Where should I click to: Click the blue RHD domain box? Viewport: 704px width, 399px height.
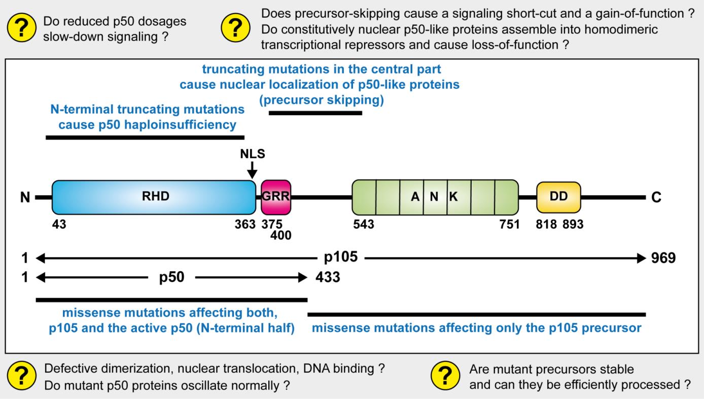tap(154, 197)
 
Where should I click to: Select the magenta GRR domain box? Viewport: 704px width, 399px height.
tap(276, 197)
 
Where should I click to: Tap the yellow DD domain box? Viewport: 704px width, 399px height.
tap(558, 197)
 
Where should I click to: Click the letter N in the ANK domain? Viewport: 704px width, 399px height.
tap(434, 197)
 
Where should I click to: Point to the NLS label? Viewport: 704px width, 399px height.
tap(253, 154)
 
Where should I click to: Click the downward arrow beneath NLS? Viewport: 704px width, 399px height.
tap(252, 170)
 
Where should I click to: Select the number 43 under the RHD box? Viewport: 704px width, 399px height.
tap(59, 224)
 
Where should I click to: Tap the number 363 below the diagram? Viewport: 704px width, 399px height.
tap(245, 224)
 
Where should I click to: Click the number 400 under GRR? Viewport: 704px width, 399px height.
tap(280, 235)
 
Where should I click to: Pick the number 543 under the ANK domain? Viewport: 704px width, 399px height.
tap(364, 224)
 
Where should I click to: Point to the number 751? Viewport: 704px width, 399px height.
tap(509, 224)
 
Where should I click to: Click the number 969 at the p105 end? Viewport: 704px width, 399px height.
tap(663, 258)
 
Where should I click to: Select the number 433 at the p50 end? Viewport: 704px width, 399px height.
tap(328, 277)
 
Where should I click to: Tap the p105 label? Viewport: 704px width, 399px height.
tap(341, 257)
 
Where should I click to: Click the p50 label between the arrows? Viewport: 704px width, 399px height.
tap(171, 277)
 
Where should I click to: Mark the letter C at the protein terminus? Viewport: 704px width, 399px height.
tap(656, 197)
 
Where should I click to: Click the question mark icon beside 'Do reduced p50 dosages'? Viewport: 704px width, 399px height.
tap(22, 28)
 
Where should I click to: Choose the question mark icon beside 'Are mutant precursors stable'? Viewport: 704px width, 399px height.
tap(445, 376)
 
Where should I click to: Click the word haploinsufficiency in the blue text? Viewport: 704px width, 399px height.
tap(180, 125)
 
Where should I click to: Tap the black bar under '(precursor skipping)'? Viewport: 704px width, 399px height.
tap(315, 113)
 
